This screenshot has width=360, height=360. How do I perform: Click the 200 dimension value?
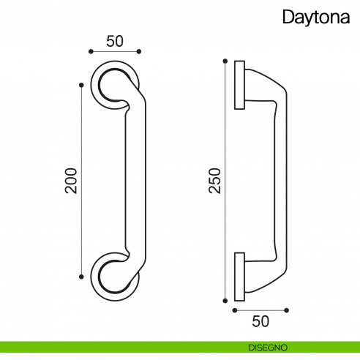[x=71, y=180]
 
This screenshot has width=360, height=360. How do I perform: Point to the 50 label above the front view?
[x=114, y=41]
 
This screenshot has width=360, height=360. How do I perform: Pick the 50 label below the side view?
[x=260, y=320]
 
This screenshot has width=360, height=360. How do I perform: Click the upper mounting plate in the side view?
[x=239, y=86]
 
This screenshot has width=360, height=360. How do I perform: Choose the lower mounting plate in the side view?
[x=239, y=277]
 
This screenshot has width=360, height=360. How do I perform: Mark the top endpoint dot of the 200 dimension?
[x=80, y=85]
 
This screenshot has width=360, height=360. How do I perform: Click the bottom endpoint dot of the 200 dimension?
[x=80, y=276]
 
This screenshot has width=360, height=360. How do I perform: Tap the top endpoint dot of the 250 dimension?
[x=225, y=61]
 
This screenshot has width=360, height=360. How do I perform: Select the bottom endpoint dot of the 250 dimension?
[x=225, y=300]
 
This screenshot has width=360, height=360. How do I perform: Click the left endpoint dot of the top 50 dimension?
[x=90, y=52]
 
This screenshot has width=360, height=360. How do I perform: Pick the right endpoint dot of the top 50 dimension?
[x=139, y=52]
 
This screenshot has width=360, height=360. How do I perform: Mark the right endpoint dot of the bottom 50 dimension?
[x=287, y=310]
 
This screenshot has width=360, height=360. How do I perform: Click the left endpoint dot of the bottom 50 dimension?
[x=235, y=310]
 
